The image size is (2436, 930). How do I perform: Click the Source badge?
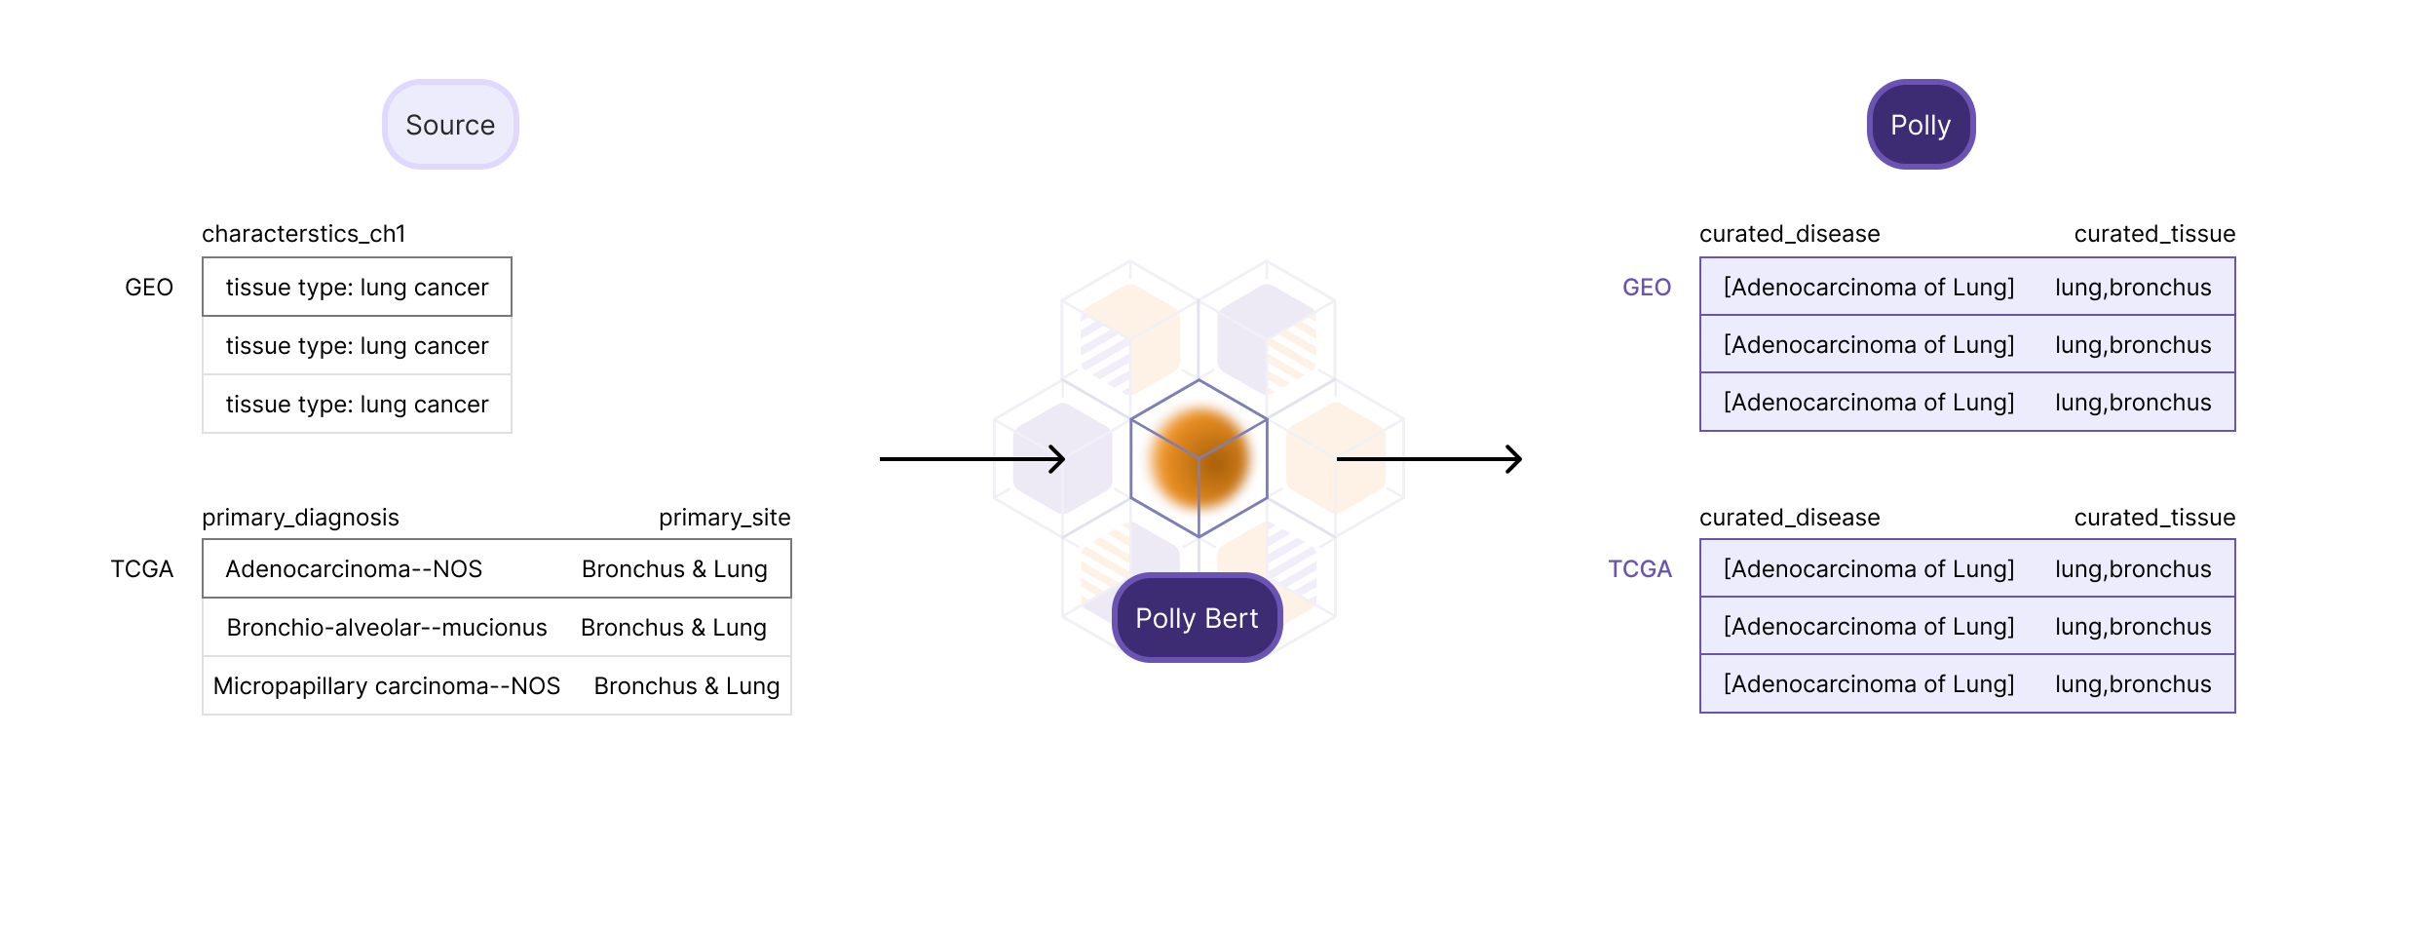click(x=450, y=125)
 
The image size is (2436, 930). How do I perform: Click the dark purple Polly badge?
click(x=1921, y=125)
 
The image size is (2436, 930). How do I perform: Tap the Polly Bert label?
click(x=1197, y=618)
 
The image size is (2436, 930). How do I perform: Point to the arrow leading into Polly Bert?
click(x=972, y=459)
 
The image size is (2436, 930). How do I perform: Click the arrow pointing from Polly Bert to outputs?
click(x=1429, y=459)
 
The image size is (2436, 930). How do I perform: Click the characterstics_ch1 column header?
click(x=304, y=234)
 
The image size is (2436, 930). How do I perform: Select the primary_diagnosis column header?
click(x=300, y=518)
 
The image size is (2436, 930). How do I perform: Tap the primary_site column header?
click(x=725, y=518)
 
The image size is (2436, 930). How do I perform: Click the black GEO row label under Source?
click(x=149, y=288)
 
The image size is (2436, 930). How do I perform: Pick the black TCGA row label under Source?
click(x=142, y=569)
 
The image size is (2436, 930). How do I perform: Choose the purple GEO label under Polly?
click(x=1647, y=288)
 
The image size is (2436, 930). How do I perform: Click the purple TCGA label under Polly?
click(x=1640, y=569)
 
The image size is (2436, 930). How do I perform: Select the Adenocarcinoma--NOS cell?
click(x=354, y=569)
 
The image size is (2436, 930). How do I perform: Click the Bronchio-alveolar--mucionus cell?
click(x=387, y=628)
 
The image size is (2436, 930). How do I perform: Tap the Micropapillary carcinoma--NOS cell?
click(x=387, y=686)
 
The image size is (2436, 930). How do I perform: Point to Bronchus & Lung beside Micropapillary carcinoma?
click(x=687, y=686)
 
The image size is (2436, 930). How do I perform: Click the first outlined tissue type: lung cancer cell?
click(x=357, y=287)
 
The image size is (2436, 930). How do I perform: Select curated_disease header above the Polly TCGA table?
click(x=1790, y=518)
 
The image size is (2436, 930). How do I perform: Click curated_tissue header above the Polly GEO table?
click(x=2154, y=234)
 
